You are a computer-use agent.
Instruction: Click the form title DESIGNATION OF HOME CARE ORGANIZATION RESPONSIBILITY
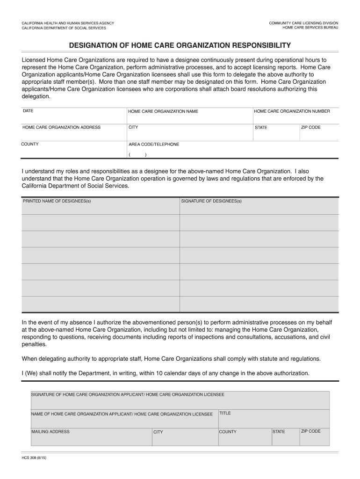[180, 45]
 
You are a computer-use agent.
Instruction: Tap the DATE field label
[28, 111]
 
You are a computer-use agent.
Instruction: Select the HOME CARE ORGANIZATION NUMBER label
[292, 111]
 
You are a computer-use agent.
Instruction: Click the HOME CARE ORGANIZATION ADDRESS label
[61, 127]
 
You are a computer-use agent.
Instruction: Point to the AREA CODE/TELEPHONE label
[154, 145]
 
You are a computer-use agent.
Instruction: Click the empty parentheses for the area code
[137, 155]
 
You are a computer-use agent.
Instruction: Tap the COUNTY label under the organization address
[30, 144]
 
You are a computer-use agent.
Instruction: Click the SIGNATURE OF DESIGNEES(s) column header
[211, 201]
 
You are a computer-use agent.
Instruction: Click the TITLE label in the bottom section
[225, 413]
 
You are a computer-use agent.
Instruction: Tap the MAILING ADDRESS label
[50, 431]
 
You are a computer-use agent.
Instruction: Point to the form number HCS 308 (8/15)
[34, 459]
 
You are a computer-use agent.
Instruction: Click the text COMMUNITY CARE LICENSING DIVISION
[303, 23]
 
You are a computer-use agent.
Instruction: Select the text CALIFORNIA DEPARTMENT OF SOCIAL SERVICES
[64, 28]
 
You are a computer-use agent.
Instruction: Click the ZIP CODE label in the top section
[310, 127]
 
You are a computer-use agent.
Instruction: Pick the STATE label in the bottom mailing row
[279, 432]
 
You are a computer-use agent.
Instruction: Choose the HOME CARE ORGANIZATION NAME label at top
[163, 111]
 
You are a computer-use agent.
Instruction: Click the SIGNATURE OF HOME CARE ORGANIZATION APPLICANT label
[128, 395]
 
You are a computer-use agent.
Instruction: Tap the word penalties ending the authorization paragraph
[34, 344]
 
